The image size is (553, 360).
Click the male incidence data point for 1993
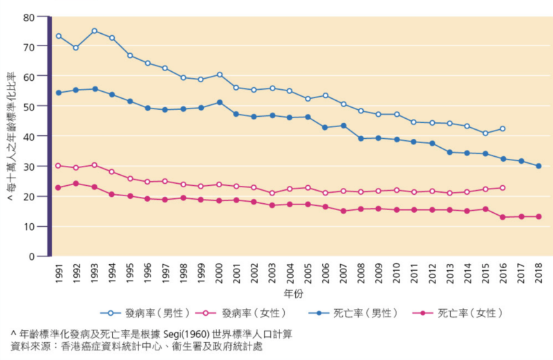[x=94, y=31]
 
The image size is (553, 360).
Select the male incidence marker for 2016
[x=503, y=129]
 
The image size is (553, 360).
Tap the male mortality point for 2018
[x=538, y=166]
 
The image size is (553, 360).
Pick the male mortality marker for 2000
[x=218, y=102]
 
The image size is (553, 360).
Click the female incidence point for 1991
[x=58, y=166]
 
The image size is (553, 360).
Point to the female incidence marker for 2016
[x=503, y=188]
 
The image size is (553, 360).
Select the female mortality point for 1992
[x=76, y=184]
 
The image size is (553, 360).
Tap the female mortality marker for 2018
[x=538, y=216]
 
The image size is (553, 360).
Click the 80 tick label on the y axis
[x=28, y=15]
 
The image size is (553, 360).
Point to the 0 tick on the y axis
[x=32, y=256]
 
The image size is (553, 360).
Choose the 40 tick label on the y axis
[x=28, y=136]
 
